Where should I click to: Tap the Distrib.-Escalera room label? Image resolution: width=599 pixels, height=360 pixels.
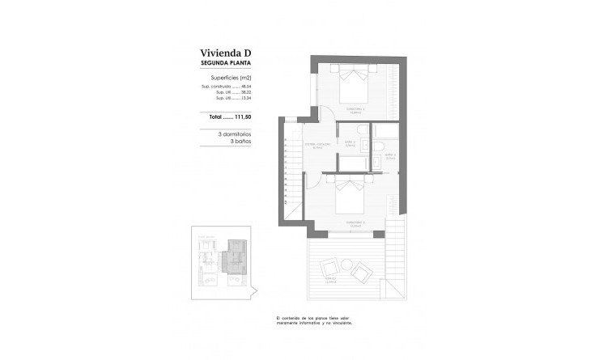pos(316,146)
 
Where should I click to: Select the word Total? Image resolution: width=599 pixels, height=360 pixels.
pos(215,117)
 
